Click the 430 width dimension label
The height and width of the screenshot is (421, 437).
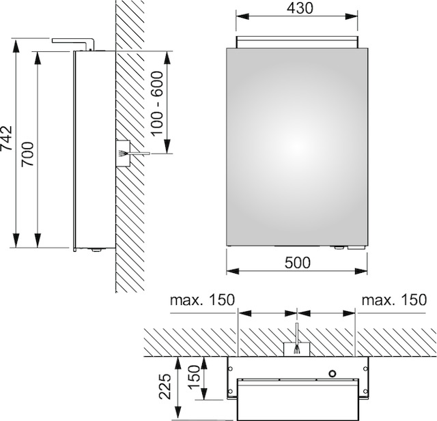click(x=300, y=8)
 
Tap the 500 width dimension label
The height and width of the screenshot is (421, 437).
click(x=298, y=263)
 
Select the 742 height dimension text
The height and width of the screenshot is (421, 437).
click(x=6, y=139)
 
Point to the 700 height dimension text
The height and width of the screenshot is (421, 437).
click(x=28, y=154)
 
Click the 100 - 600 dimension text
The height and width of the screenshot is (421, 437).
click(x=157, y=103)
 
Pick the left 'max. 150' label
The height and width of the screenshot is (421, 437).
click(x=203, y=300)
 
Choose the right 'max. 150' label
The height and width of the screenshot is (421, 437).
click(x=394, y=300)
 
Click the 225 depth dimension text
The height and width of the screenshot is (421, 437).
click(x=165, y=386)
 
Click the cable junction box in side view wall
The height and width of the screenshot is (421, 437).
click(x=123, y=154)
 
